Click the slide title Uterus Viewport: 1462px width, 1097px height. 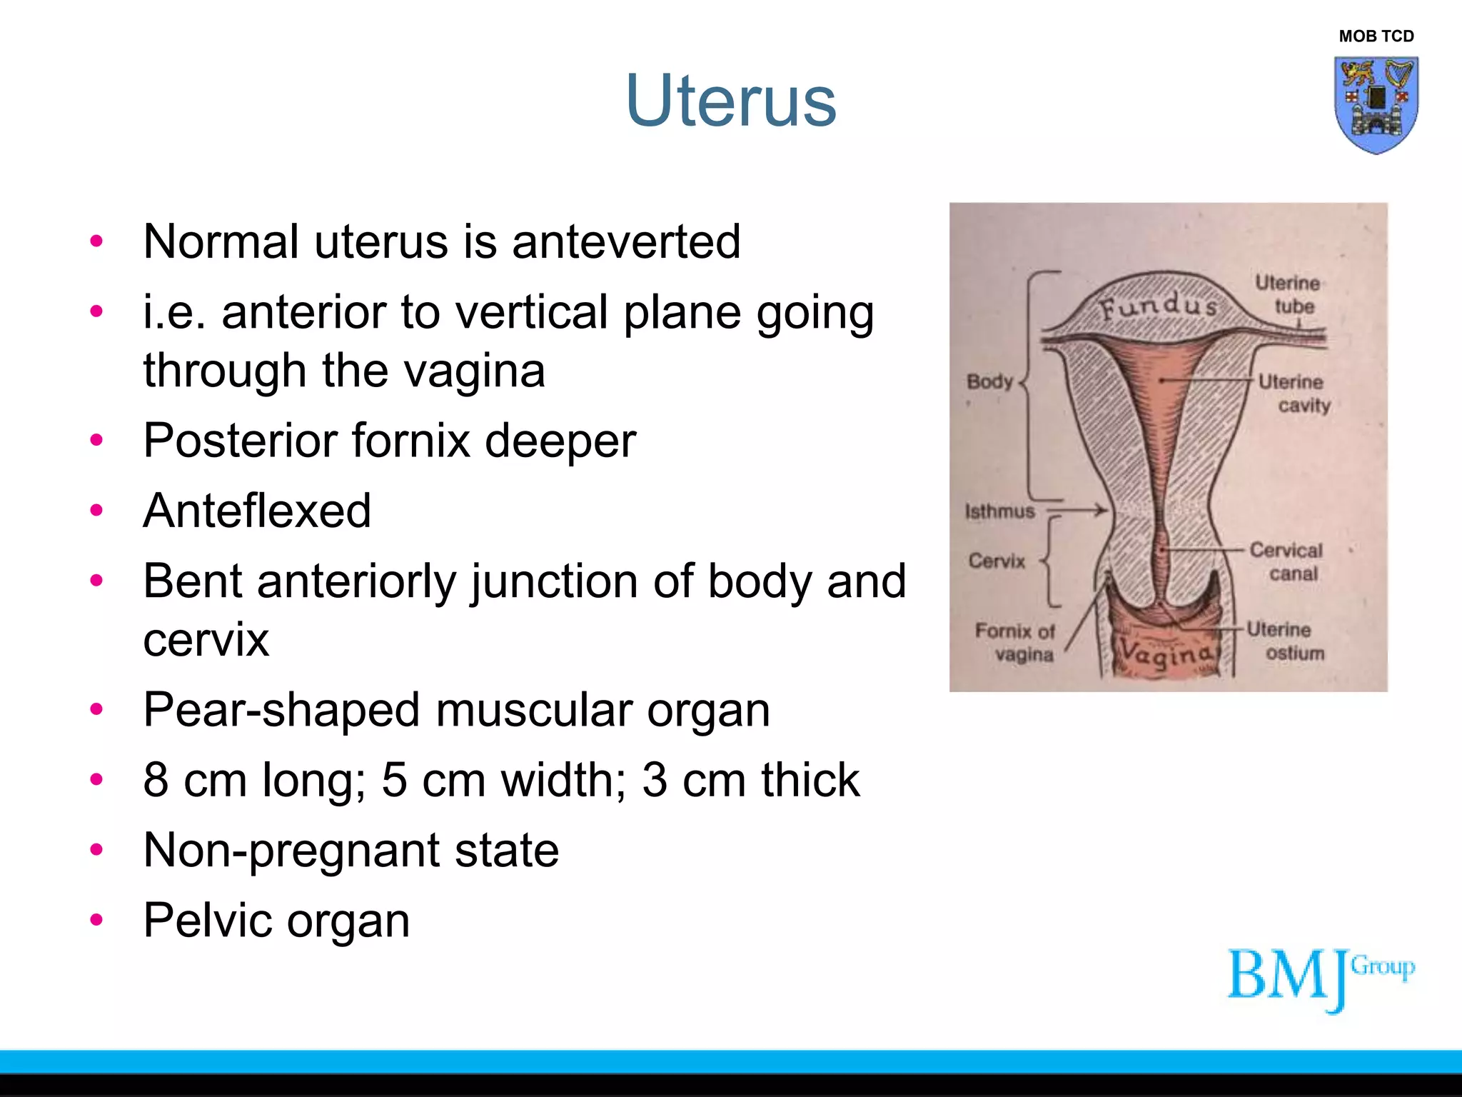[x=730, y=101]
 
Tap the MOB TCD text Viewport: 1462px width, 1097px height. [x=1376, y=36]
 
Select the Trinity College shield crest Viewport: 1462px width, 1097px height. [x=1376, y=105]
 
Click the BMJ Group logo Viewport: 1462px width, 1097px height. [x=1320, y=978]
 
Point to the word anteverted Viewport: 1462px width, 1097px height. [x=626, y=241]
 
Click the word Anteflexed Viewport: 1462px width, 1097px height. [x=257, y=511]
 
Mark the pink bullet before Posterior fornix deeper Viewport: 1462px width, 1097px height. [x=97, y=440]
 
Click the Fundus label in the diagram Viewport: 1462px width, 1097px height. [x=1158, y=307]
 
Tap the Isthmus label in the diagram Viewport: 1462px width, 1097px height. [x=999, y=511]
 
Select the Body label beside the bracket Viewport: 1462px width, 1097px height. [x=989, y=381]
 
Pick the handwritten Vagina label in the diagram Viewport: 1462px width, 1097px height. [x=1165, y=653]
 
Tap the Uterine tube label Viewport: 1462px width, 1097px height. [x=1289, y=294]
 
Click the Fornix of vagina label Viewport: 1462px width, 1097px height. [x=1015, y=642]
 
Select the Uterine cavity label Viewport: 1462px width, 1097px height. [x=1294, y=393]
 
